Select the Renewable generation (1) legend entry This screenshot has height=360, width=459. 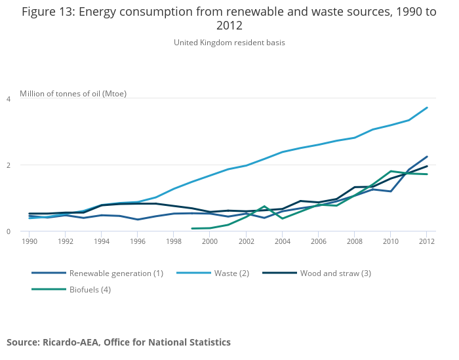coord(116,273)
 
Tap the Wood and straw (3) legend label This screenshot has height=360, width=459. coord(335,273)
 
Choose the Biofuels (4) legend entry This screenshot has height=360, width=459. coord(90,289)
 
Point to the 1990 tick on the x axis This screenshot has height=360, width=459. coord(29,241)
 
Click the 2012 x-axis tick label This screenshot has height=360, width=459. coord(426,241)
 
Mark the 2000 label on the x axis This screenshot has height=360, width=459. coord(210,241)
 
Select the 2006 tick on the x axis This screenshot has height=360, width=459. coord(318,241)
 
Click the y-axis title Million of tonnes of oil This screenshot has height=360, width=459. coord(73,94)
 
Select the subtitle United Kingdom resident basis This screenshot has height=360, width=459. coord(229,43)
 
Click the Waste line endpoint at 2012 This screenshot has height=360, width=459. coord(427,108)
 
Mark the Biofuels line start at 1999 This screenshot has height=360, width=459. coord(191,229)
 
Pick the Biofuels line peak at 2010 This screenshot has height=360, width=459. coord(391,171)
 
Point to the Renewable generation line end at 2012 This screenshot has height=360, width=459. coord(427,157)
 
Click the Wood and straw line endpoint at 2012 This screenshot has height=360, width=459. coord(427,166)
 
